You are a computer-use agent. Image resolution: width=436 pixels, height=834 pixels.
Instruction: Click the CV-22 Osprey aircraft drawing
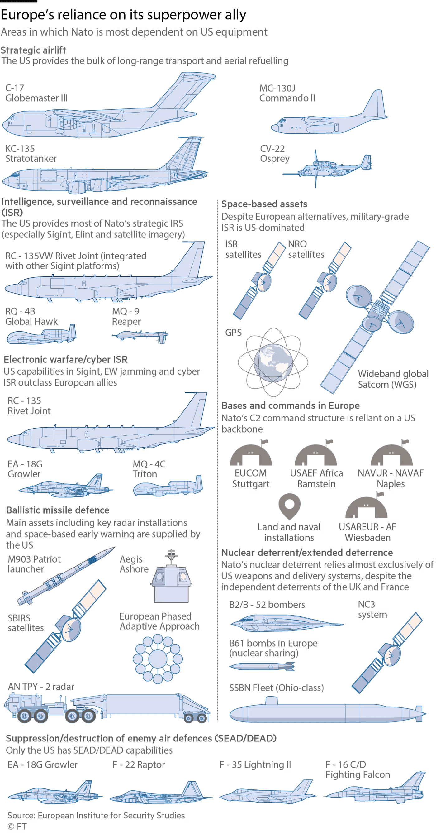[327, 168]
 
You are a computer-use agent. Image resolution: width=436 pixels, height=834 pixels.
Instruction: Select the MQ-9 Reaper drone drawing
[140, 336]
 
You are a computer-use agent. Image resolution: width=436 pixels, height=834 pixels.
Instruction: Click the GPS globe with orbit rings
[273, 362]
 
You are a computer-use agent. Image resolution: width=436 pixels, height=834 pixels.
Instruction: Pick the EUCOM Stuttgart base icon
[251, 453]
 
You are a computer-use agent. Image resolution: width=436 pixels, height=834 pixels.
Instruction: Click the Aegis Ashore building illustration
[171, 576]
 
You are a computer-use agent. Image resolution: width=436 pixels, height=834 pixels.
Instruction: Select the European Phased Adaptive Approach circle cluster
[158, 659]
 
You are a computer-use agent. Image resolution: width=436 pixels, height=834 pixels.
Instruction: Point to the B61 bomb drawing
[262, 666]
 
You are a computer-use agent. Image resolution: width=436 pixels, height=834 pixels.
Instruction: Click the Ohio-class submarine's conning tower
[271, 701]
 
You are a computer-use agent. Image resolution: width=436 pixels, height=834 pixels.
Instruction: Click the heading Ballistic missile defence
[58, 510]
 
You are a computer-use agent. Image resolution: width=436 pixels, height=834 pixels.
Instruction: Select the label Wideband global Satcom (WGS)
[393, 379]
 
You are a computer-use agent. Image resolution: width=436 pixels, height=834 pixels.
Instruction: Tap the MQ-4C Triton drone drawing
[168, 486]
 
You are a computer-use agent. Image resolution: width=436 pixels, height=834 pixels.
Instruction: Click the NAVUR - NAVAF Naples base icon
[391, 453]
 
